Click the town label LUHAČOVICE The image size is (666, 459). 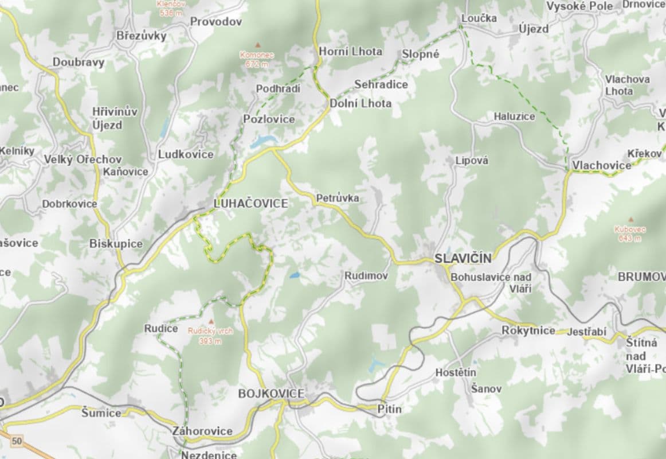pos(250,203)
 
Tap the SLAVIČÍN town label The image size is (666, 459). pos(463,258)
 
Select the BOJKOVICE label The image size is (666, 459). pos(271,394)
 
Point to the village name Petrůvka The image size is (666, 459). pos(338,199)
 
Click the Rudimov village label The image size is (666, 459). pos(366,276)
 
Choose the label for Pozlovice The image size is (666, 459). pos(269,119)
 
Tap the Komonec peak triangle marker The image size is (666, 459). pos(257,45)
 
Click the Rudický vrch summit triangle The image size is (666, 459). pos(211,322)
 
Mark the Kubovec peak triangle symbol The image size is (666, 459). pos(630,220)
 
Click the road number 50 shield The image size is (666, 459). pos(17,441)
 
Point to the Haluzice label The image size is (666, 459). pos(514,116)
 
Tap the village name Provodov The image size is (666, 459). pos(216,22)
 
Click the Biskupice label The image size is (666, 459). pos(116,244)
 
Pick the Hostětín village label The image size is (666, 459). pos(456,372)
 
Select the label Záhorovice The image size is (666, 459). pos(202,431)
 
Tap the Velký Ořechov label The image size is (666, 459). pos(83,160)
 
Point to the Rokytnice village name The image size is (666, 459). pos(528,330)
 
